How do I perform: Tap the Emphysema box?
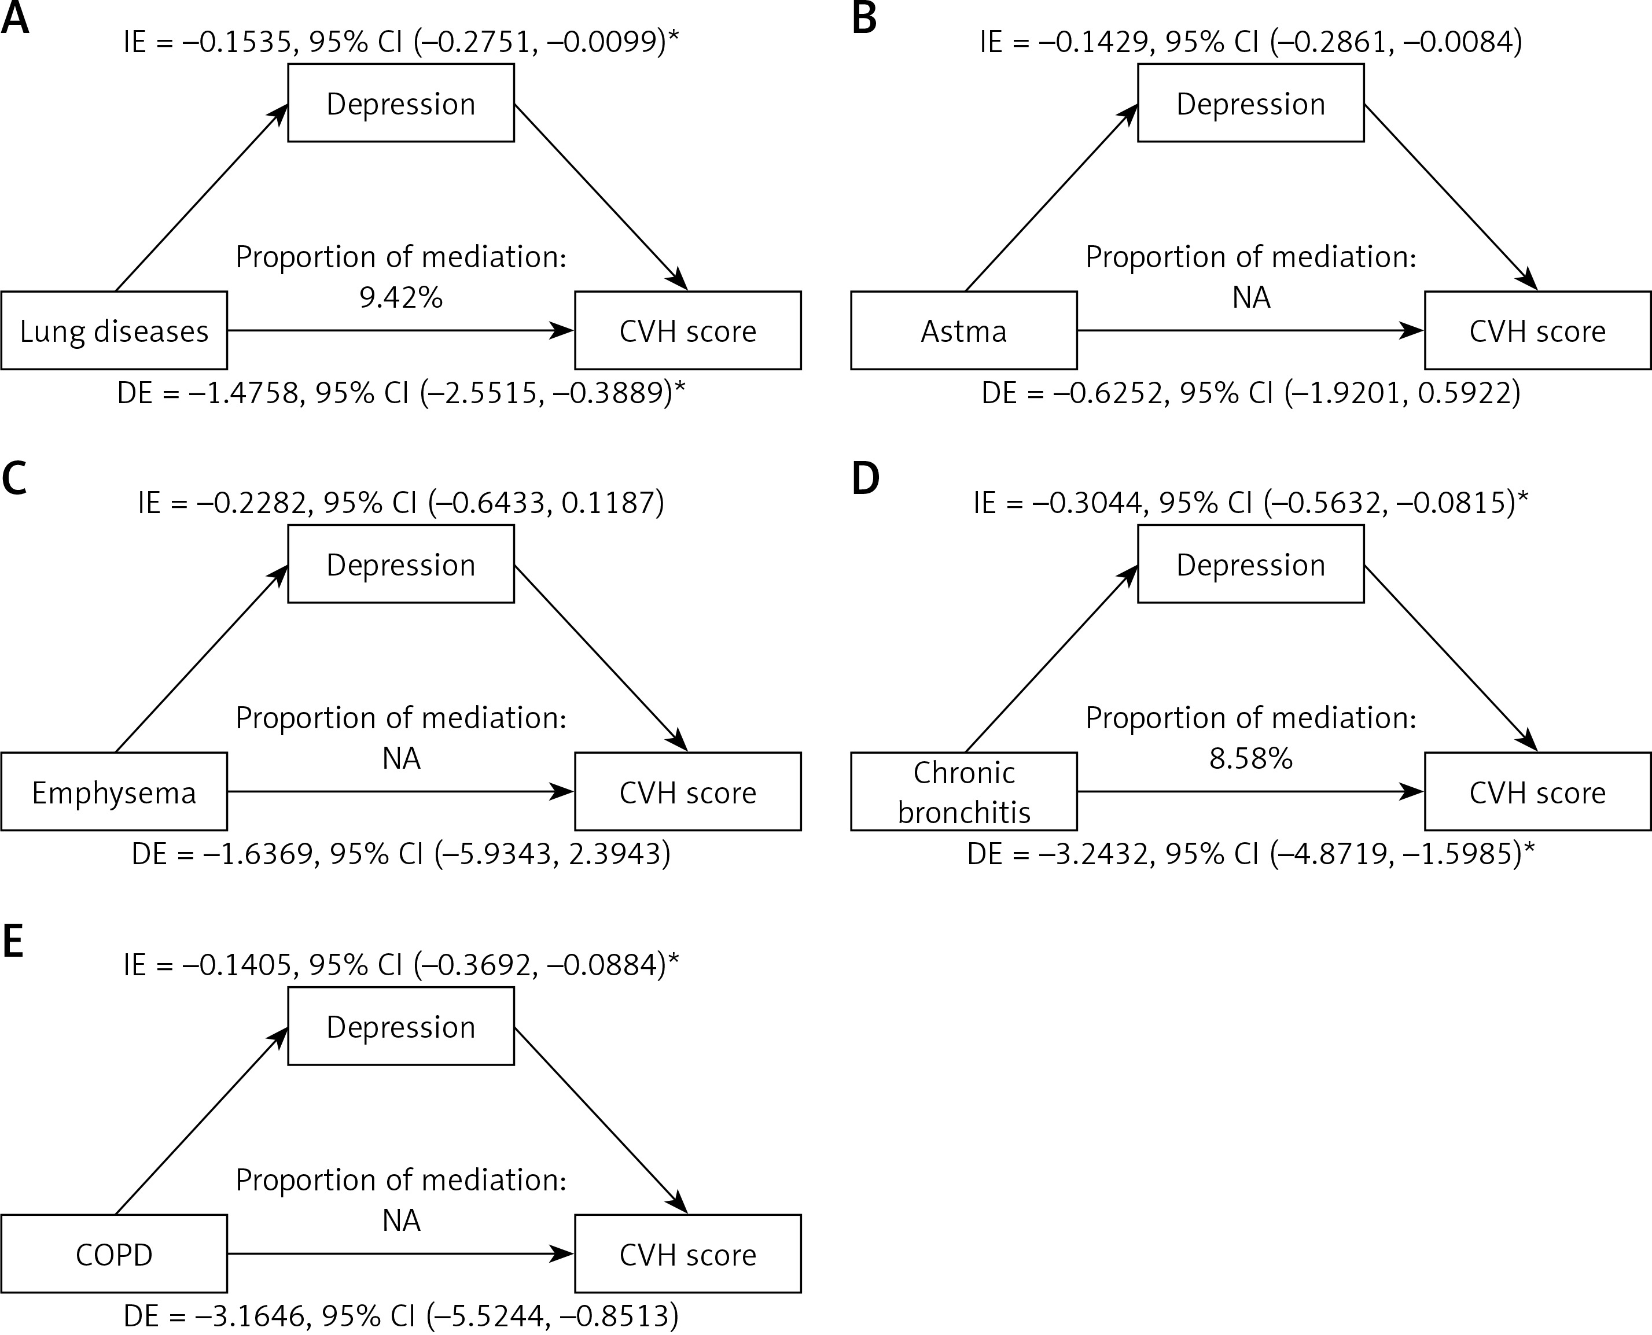click(114, 792)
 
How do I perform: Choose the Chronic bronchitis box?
click(963, 792)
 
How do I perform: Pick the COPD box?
click(114, 1254)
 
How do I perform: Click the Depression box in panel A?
click(400, 103)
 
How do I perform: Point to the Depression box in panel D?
click(1250, 565)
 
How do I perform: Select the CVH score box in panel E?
click(687, 1254)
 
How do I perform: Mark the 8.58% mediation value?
click(1250, 759)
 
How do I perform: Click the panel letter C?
click(14, 478)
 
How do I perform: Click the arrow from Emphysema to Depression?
click(201, 659)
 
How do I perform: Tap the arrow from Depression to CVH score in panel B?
click(1451, 198)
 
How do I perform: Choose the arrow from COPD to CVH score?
click(400, 1254)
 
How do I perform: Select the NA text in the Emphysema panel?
click(400, 759)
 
